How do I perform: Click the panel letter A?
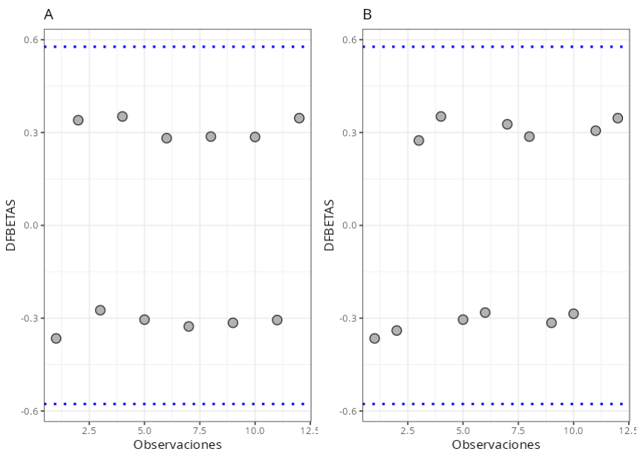point(48,14)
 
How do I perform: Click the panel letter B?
point(367,14)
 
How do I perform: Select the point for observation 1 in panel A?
point(56,338)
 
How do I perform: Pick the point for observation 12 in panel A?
point(299,117)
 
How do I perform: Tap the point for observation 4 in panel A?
point(123,116)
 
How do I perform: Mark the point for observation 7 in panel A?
point(189,326)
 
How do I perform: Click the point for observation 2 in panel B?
point(396,330)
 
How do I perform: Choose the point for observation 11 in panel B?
point(595,130)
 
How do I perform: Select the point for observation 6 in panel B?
point(485,312)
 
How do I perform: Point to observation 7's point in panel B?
point(507,124)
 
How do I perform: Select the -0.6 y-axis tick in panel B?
point(349,411)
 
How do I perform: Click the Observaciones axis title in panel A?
point(177,445)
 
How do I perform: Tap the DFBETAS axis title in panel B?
point(330,224)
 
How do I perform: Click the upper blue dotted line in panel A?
point(178,47)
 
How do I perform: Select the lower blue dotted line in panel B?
point(496,404)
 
